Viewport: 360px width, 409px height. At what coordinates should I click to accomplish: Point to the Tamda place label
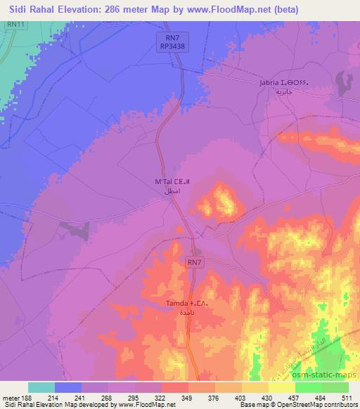[177, 303]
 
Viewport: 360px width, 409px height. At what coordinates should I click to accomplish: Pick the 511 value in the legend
[339, 398]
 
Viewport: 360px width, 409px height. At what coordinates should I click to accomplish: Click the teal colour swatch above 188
[41, 387]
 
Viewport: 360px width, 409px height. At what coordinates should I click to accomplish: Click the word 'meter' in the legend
[10, 398]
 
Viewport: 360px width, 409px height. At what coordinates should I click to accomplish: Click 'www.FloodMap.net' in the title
[228, 9]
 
